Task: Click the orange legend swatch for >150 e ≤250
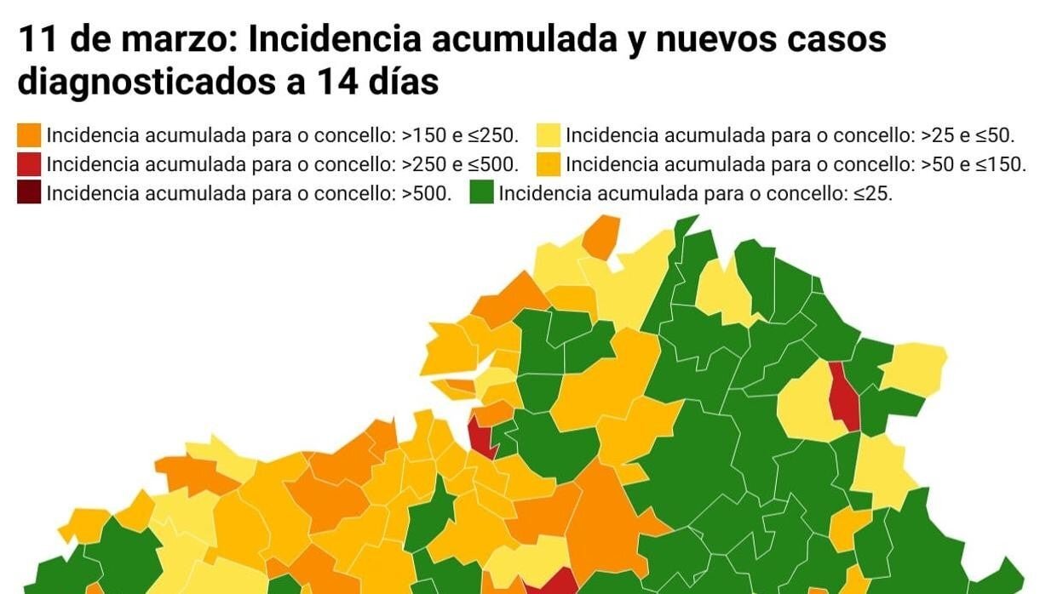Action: [29, 135]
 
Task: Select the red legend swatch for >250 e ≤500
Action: [29, 164]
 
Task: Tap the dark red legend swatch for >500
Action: [29, 193]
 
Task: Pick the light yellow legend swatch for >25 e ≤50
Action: [549, 135]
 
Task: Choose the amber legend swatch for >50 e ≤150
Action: [549, 164]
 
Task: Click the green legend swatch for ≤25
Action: [482, 193]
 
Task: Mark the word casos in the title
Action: [838, 40]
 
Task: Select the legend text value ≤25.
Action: [872, 193]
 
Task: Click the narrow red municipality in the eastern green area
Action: [844, 396]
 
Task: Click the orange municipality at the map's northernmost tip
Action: [602, 236]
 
